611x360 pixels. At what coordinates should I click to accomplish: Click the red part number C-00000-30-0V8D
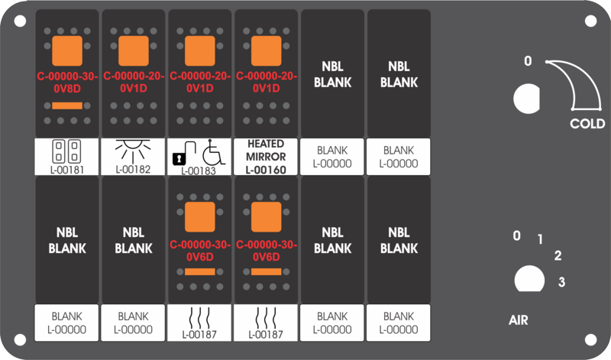point(67,83)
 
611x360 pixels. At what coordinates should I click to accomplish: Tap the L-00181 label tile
point(66,157)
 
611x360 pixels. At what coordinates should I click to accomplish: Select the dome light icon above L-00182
point(133,151)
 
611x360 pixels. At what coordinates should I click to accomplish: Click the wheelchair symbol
point(214,152)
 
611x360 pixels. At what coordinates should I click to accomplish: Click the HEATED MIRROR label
point(266,150)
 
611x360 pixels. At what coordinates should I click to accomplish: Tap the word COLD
point(587,124)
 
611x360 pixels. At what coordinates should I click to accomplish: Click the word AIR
point(519,320)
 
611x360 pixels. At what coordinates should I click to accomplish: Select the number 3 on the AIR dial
point(561,281)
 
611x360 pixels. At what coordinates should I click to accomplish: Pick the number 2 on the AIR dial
point(558,255)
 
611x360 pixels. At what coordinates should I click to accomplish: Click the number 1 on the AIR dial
point(540,239)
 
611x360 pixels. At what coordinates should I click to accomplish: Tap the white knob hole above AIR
point(529,279)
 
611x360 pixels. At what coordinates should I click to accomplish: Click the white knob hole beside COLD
point(527,99)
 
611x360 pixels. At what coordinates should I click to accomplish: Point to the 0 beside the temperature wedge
point(528,61)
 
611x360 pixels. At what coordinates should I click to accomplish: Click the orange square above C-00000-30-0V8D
point(67,51)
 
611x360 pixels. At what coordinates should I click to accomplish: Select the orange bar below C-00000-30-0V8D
point(67,105)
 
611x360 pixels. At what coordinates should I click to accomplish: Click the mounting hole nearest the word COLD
point(590,21)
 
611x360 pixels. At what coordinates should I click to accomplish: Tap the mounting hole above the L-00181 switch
point(21,21)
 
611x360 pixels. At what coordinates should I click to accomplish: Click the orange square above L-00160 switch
point(266,51)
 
